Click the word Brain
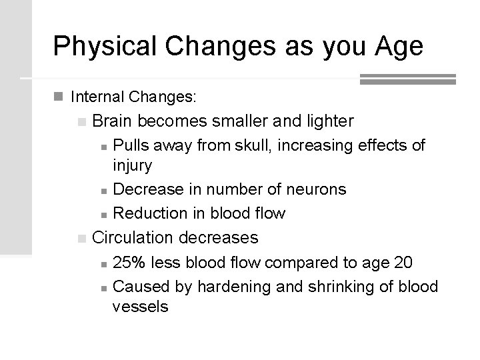coord(115,121)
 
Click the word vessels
coord(141,307)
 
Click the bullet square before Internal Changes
coord(59,97)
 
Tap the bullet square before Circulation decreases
coord(81,238)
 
